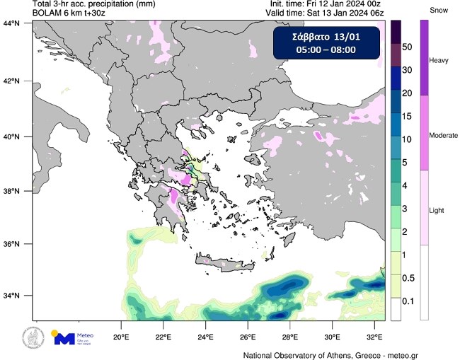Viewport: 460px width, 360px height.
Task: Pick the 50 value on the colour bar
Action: coord(408,46)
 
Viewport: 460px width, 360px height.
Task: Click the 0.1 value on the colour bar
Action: coord(408,301)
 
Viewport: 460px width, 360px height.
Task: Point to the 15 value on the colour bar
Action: coord(408,116)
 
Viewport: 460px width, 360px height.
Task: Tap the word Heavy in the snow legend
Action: coord(439,61)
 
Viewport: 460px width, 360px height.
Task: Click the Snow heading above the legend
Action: coord(439,9)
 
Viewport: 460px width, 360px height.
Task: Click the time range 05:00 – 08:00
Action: coord(326,50)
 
